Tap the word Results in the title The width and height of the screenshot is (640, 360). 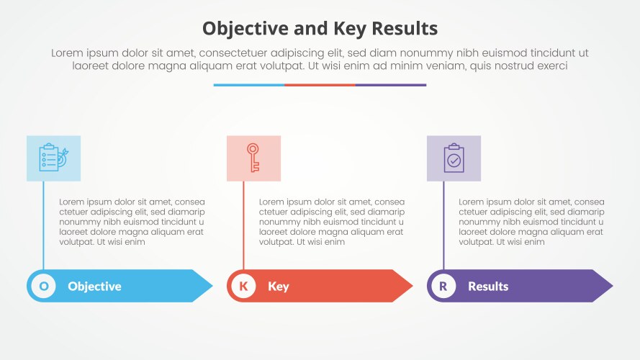(x=405, y=28)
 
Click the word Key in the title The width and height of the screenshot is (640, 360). (x=349, y=29)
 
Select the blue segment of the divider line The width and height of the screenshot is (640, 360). (x=249, y=85)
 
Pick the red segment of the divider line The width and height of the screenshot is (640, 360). (x=320, y=85)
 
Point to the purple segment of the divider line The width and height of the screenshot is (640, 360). (x=391, y=85)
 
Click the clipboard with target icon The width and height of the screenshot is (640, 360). (x=53, y=158)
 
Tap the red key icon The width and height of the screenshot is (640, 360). (x=253, y=158)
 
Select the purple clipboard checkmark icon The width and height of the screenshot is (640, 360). (x=454, y=158)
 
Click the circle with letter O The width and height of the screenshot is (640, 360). (x=44, y=286)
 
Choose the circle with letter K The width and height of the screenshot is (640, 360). (x=243, y=286)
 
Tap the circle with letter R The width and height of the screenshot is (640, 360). (x=443, y=286)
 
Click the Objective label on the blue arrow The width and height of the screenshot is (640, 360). (x=95, y=287)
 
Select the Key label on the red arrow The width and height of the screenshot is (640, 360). (x=279, y=287)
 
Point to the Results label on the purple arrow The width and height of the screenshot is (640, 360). (x=488, y=287)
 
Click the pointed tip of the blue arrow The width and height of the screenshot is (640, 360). (x=212, y=286)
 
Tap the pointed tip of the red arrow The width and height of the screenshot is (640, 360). (x=413, y=286)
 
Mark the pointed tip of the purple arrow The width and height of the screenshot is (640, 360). (x=613, y=286)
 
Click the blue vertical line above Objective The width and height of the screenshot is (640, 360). (x=44, y=225)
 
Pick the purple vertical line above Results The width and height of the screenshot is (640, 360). (x=443, y=225)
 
